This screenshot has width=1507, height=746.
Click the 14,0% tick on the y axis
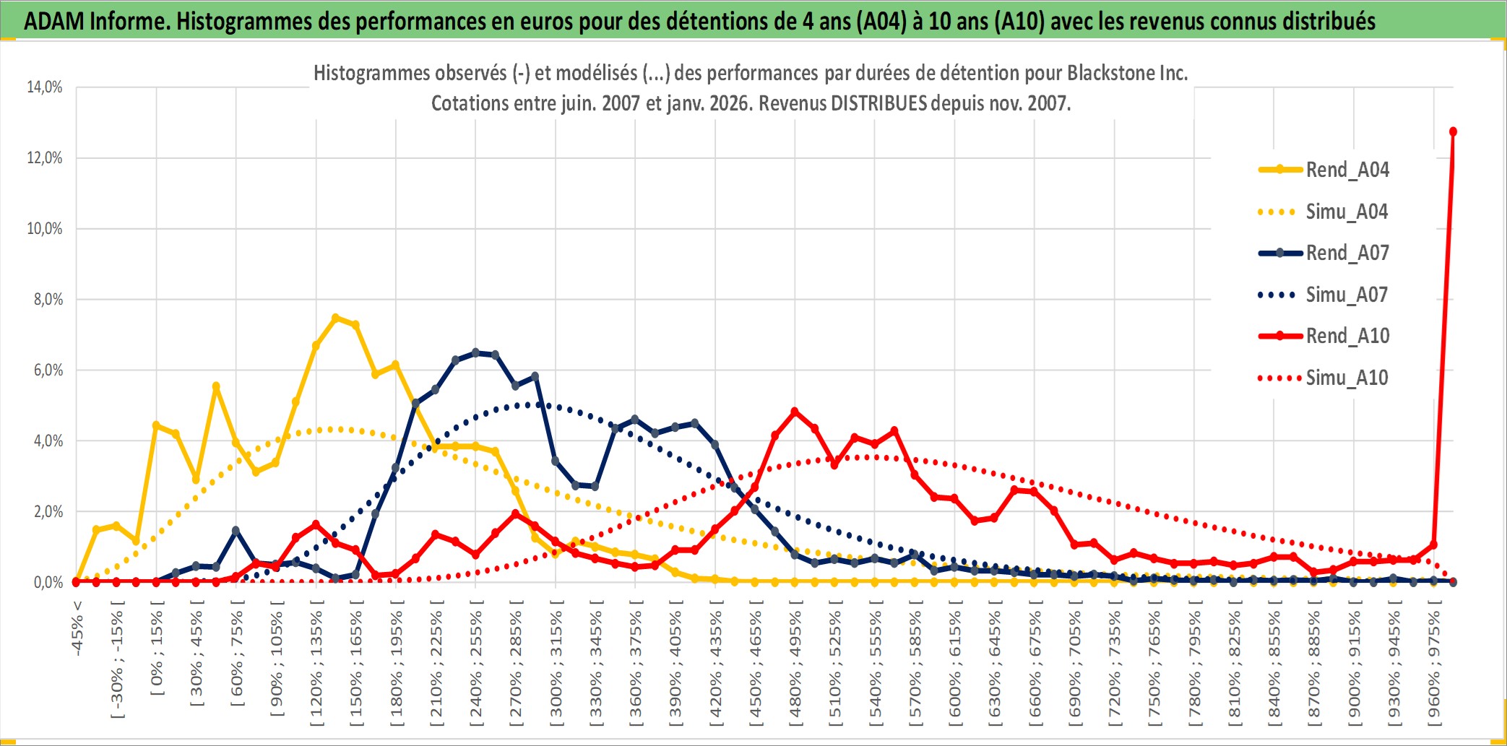45,87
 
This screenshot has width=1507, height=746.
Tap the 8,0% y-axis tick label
48,300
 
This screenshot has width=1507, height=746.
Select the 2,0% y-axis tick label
48,512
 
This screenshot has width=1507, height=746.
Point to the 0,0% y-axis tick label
48,583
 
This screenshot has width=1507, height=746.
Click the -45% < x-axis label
77,628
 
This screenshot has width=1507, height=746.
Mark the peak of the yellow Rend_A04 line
335,318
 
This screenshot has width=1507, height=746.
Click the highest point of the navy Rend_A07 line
475,352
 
